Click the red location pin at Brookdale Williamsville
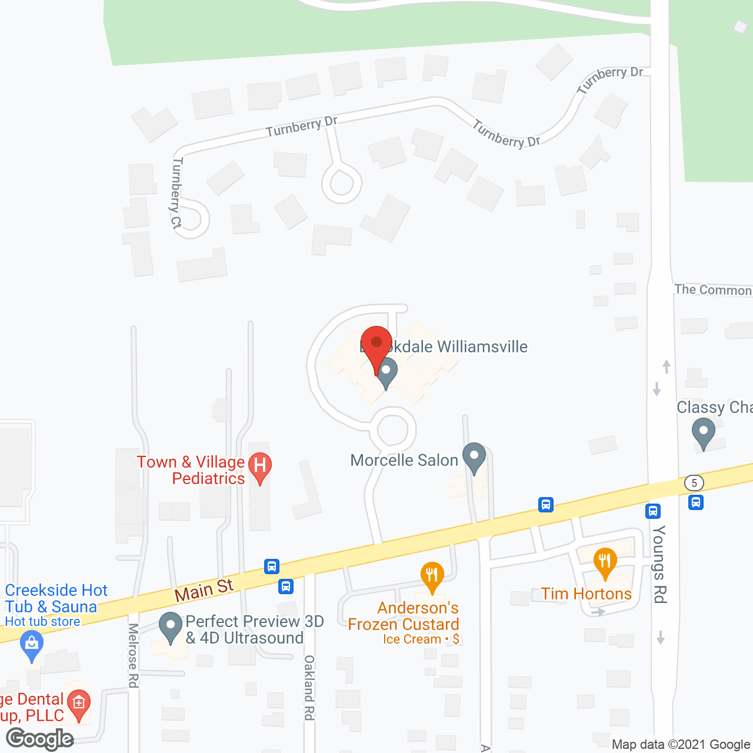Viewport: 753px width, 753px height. point(376,344)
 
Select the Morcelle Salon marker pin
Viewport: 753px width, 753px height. point(474,457)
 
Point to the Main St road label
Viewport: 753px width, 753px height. point(204,589)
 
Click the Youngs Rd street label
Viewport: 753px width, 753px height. point(659,564)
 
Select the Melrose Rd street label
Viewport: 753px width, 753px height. point(134,655)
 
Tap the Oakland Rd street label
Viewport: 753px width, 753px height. point(309,687)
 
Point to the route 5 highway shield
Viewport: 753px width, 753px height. point(694,483)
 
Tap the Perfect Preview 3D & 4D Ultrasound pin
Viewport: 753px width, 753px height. point(171,627)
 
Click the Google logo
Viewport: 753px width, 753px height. point(40,739)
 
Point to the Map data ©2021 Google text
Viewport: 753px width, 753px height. point(681,744)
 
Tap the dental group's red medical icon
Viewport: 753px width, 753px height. point(78,703)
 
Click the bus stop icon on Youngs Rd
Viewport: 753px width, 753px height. point(653,511)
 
